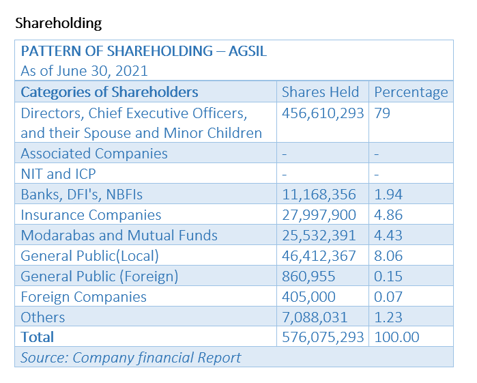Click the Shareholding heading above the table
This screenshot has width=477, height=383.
click(x=58, y=23)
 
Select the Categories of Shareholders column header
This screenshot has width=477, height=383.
click(x=109, y=92)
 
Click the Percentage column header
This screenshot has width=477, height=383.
click(x=411, y=92)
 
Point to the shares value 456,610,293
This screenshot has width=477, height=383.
click(x=323, y=113)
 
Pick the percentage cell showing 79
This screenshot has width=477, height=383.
click(x=382, y=113)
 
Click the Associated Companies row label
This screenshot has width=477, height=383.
click(x=94, y=154)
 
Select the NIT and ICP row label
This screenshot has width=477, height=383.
click(x=59, y=174)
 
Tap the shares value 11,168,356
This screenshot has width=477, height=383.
click(x=319, y=195)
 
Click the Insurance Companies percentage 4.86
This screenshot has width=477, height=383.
click(x=388, y=215)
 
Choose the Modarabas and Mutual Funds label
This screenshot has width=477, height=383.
click(x=119, y=236)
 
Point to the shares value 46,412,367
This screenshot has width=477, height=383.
click(x=319, y=256)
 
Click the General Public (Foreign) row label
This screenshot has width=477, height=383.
click(x=100, y=276)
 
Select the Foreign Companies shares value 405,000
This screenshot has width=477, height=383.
click(x=308, y=297)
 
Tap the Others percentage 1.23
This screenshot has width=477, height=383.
click(x=388, y=317)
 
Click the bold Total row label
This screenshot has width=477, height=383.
click(x=38, y=337)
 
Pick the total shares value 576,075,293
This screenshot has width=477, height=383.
click(x=323, y=337)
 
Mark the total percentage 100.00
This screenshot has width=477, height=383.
click(x=396, y=337)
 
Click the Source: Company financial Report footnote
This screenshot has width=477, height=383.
click(x=131, y=357)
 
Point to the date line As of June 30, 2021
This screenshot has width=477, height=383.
click(x=85, y=71)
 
